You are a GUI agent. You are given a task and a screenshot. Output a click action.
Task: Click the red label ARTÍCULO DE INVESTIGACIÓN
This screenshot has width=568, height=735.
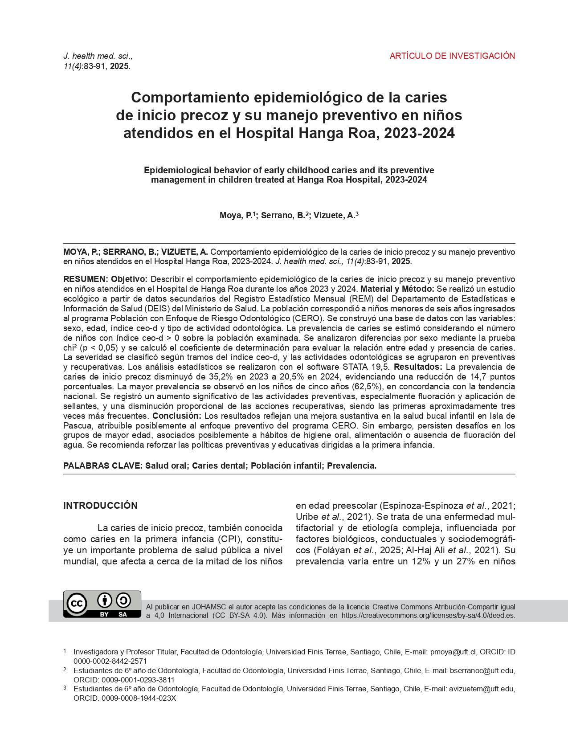pyautogui.click(x=452, y=56)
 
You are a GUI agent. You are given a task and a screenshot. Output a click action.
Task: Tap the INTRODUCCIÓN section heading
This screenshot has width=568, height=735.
pyautogui.click(x=100, y=506)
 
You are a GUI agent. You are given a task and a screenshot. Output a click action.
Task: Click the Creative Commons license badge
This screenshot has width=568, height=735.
pyautogui.click(x=102, y=604)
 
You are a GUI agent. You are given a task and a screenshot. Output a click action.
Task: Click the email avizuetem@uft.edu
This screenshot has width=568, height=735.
pyautogui.click(x=482, y=689)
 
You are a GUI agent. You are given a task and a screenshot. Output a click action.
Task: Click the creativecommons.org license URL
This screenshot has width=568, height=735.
pyautogui.click(x=428, y=616)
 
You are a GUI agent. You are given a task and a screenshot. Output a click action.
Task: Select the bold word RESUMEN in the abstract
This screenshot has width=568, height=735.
pyautogui.click(x=85, y=279)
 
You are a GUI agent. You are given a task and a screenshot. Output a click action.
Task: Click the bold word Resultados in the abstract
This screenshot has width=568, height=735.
pyautogui.click(x=418, y=367)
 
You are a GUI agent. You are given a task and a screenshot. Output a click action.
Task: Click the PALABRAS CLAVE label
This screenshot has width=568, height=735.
pyautogui.click(x=103, y=466)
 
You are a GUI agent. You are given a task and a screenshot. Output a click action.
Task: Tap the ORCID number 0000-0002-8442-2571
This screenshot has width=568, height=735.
pyautogui.click(x=110, y=661)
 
